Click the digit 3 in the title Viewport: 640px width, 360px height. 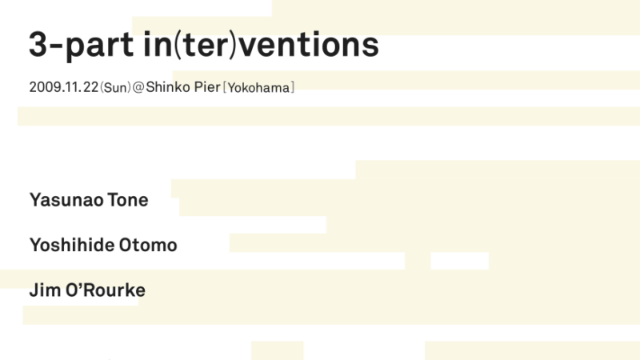38,44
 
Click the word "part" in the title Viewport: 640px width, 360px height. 99,46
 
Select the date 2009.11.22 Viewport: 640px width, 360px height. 64,87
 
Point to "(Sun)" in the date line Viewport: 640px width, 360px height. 115,87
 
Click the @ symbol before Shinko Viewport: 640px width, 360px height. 138,87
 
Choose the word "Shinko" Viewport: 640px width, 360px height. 168,87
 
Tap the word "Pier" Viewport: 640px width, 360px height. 207,87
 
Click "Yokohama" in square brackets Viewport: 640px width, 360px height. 258,88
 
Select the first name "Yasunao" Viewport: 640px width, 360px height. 66,200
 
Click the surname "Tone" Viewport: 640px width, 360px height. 128,200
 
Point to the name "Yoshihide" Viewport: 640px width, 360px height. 72,245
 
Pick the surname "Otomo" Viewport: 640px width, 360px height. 148,246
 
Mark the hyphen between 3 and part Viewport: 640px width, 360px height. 56,46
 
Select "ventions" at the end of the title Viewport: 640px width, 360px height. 309,45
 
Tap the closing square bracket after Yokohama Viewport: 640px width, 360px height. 292,88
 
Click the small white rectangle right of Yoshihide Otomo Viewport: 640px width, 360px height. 459,261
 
